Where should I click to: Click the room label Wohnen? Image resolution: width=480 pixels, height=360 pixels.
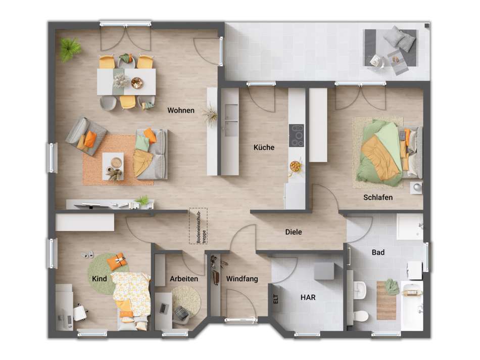click(181, 110)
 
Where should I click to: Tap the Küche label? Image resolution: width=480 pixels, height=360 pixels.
click(264, 148)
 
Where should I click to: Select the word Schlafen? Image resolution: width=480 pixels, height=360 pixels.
click(377, 197)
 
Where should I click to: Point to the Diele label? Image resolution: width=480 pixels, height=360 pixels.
click(293, 232)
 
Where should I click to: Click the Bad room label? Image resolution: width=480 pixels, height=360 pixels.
click(378, 252)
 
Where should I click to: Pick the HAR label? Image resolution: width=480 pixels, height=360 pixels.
click(308, 297)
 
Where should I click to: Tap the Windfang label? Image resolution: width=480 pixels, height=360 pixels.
click(242, 279)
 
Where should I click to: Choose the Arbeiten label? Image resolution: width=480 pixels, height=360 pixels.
click(183, 279)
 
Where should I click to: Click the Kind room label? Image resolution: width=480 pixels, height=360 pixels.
click(99, 279)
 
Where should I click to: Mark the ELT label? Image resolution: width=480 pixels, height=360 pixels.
click(276, 299)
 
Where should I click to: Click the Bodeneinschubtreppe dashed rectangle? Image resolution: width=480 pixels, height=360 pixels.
click(198, 226)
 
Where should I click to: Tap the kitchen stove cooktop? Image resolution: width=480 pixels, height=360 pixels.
click(296, 136)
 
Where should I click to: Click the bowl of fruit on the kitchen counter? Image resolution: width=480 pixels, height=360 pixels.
click(295, 165)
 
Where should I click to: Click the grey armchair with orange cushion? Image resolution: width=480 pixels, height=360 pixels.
click(86, 136)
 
